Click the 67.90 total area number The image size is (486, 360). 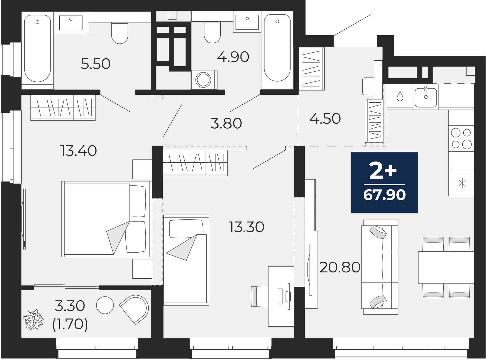point(384,195)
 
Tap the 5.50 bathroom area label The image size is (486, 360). point(96,64)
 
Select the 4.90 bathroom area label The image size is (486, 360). point(233,57)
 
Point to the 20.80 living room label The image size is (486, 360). point(340,267)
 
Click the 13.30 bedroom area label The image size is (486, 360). point(246,227)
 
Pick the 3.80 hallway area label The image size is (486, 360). point(226,123)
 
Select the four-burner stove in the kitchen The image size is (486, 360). point(461,138)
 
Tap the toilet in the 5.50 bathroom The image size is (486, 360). point(120,33)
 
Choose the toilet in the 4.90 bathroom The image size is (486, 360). point(212,32)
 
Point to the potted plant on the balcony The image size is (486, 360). point(33,319)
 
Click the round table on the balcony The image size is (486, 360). point(105,305)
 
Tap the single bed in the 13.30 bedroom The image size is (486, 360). point(186,260)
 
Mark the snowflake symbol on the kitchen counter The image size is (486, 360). point(462,183)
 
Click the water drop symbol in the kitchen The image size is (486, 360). point(400,96)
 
